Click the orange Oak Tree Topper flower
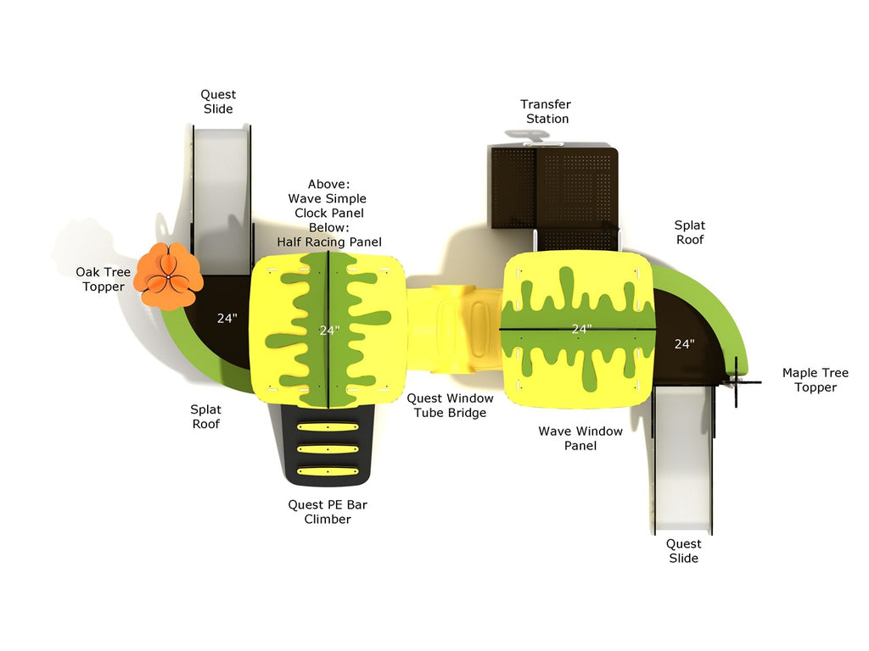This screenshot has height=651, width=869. click(171, 275)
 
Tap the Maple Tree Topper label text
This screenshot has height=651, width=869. click(815, 380)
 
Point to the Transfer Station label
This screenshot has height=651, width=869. click(546, 111)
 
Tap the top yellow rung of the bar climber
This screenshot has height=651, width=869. click(328, 428)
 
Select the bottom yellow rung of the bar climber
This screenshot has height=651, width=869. click(328, 470)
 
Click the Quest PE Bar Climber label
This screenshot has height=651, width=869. click(328, 511)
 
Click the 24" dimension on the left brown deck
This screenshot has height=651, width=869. click(227, 319)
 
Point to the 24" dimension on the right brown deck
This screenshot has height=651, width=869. click(684, 343)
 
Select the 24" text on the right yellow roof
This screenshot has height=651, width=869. click(580, 328)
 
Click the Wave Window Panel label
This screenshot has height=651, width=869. click(580, 438)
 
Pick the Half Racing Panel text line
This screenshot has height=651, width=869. click(329, 242)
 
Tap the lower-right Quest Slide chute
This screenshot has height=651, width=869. click(683, 458)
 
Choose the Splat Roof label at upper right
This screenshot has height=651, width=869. click(689, 232)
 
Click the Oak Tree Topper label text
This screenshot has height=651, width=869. click(104, 279)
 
